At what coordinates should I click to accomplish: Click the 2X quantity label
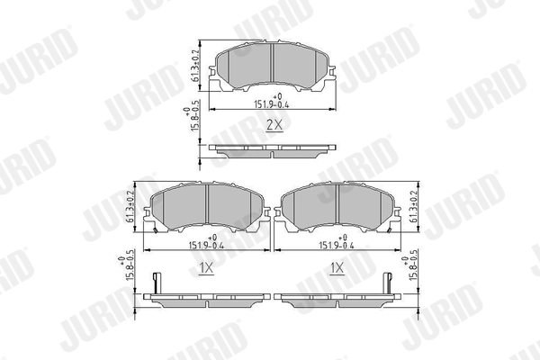274,127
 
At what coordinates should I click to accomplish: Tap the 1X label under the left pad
205,268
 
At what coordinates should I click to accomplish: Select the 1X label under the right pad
337,268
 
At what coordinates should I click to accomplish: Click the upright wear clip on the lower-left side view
156,281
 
